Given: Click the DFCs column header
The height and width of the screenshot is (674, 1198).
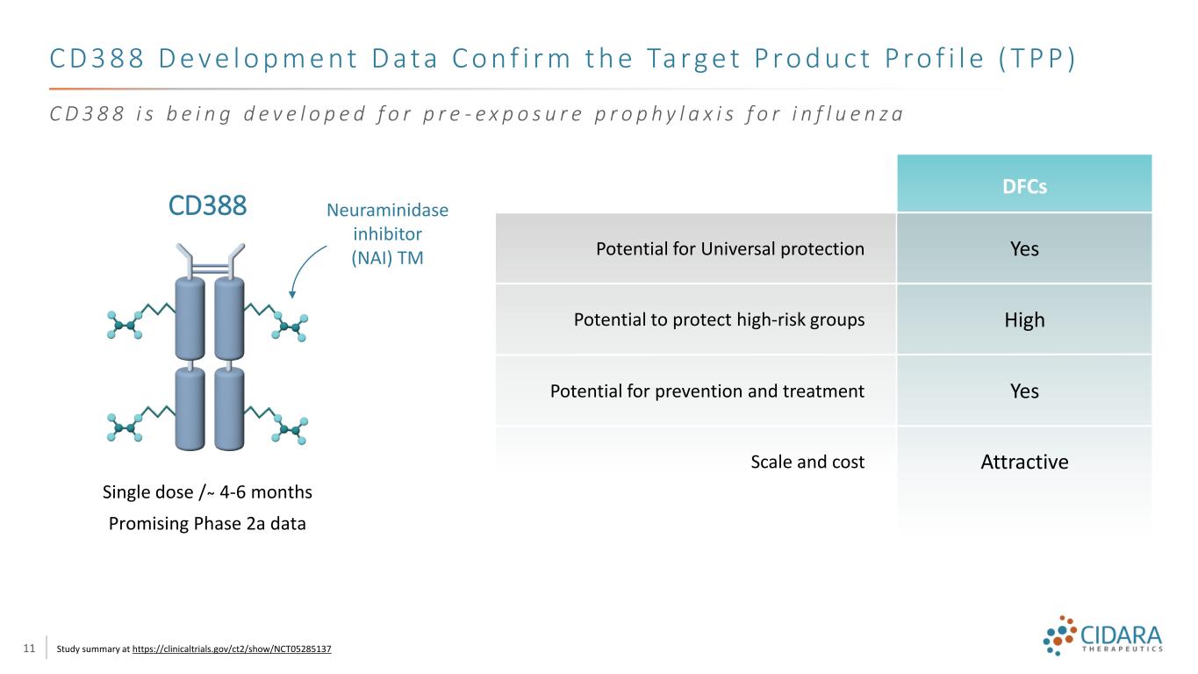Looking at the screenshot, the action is coord(1024,186).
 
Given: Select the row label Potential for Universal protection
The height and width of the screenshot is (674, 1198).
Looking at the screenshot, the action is coord(730,248).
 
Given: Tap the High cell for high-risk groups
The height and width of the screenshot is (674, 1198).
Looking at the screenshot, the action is coord(1024,319).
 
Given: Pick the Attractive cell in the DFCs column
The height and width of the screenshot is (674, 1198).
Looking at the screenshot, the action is coord(1024,462).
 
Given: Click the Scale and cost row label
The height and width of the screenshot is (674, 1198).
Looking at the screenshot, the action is coord(807,462).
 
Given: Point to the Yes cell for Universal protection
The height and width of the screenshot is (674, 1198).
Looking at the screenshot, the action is coord(1024,248).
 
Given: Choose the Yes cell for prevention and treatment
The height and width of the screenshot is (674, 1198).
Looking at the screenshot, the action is coord(1024,391).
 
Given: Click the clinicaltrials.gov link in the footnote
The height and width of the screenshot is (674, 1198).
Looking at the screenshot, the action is coord(232,649).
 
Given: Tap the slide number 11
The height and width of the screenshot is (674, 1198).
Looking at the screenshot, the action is coord(29,649).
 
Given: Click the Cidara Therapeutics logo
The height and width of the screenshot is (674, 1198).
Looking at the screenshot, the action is coord(1102,635).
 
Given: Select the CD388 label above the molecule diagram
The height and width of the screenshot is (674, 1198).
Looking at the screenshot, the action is coord(207,205).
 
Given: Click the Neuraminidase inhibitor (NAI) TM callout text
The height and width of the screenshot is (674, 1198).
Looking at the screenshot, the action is coord(387,233).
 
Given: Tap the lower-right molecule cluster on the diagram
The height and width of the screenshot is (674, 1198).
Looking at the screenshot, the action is coord(290,429).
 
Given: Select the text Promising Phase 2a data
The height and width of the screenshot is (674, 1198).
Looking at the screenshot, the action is coord(207,523).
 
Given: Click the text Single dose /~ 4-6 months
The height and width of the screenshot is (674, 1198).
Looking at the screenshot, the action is coord(207,492).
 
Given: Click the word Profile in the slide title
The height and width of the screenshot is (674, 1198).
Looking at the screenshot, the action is coord(935,58).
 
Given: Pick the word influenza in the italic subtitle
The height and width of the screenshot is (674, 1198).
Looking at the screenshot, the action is coord(848,114).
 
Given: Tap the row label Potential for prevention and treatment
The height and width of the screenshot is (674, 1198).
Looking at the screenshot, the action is coord(707,391).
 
